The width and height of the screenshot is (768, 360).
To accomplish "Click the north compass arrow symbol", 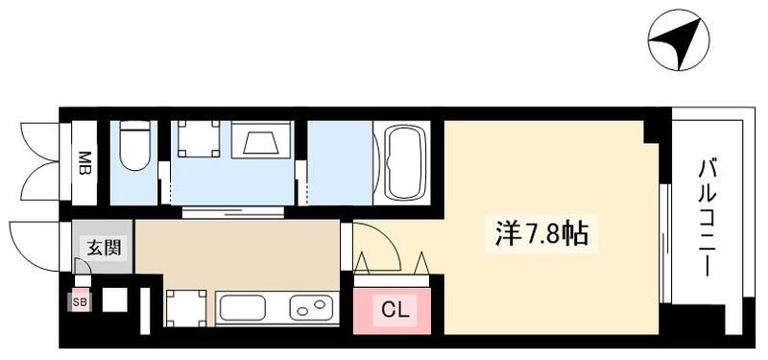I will click(679, 41).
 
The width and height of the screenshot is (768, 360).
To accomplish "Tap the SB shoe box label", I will click(78, 302).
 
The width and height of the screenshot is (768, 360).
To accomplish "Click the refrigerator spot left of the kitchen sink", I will click(185, 308).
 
